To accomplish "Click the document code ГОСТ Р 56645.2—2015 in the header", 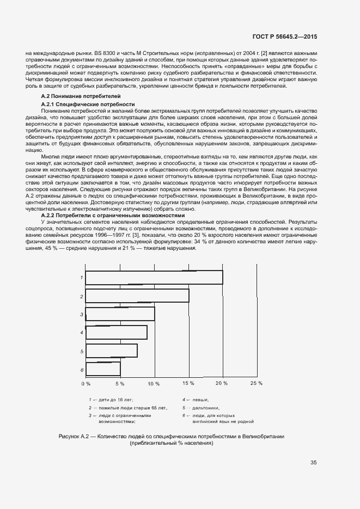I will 285,36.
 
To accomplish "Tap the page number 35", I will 314,463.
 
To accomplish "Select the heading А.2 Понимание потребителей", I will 73,96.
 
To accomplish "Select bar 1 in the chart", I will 154,277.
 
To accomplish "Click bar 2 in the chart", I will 137,296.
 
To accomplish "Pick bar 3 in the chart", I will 120,314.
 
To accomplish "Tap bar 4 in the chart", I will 117,332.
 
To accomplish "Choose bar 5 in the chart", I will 112,351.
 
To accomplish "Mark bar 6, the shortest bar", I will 103,369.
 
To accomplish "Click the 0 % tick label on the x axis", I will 86,383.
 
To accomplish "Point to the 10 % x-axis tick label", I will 154,383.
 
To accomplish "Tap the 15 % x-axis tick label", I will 188,383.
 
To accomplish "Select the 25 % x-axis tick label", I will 256,383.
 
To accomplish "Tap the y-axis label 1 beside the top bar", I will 81,278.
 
